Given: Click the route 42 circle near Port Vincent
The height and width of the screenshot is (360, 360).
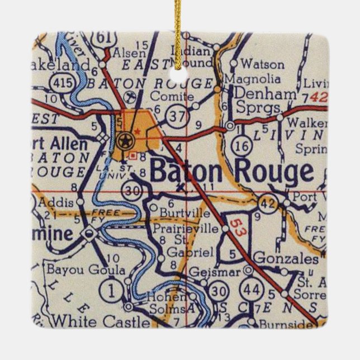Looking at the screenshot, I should [x=269, y=204].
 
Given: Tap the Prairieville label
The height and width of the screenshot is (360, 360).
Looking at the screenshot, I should [x=183, y=229].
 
